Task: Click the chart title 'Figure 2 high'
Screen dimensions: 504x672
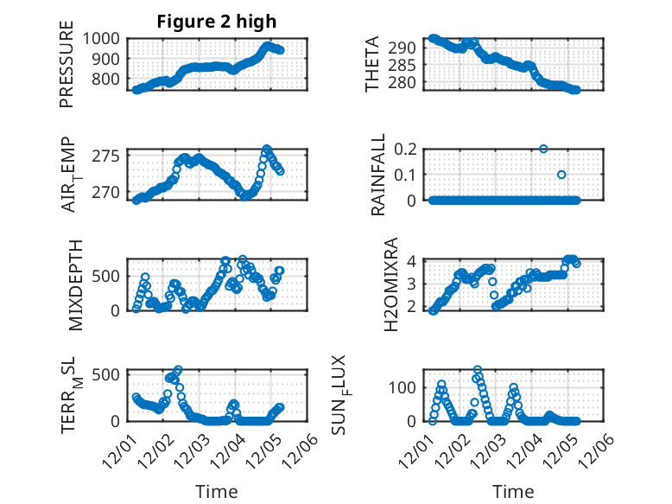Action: click(216, 22)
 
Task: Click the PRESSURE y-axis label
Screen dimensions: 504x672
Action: click(67, 66)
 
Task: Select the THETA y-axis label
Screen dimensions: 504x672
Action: click(372, 64)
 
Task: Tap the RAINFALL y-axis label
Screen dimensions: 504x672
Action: click(378, 176)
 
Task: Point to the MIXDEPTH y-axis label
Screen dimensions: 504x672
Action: click(75, 285)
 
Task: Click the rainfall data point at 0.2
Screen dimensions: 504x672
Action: click(543, 149)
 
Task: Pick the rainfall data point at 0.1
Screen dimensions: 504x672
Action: click(561, 175)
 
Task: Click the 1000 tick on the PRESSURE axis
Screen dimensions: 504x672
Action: click(105, 38)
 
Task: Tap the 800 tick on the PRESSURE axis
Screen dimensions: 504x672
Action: click(109, 80)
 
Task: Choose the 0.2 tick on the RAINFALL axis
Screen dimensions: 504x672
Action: click(406, 149)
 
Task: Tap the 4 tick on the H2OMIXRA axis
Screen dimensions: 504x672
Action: click(413, 261)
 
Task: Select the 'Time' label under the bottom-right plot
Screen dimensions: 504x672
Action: click(514, 492)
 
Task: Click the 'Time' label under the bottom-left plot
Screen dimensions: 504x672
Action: click(217, 492)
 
